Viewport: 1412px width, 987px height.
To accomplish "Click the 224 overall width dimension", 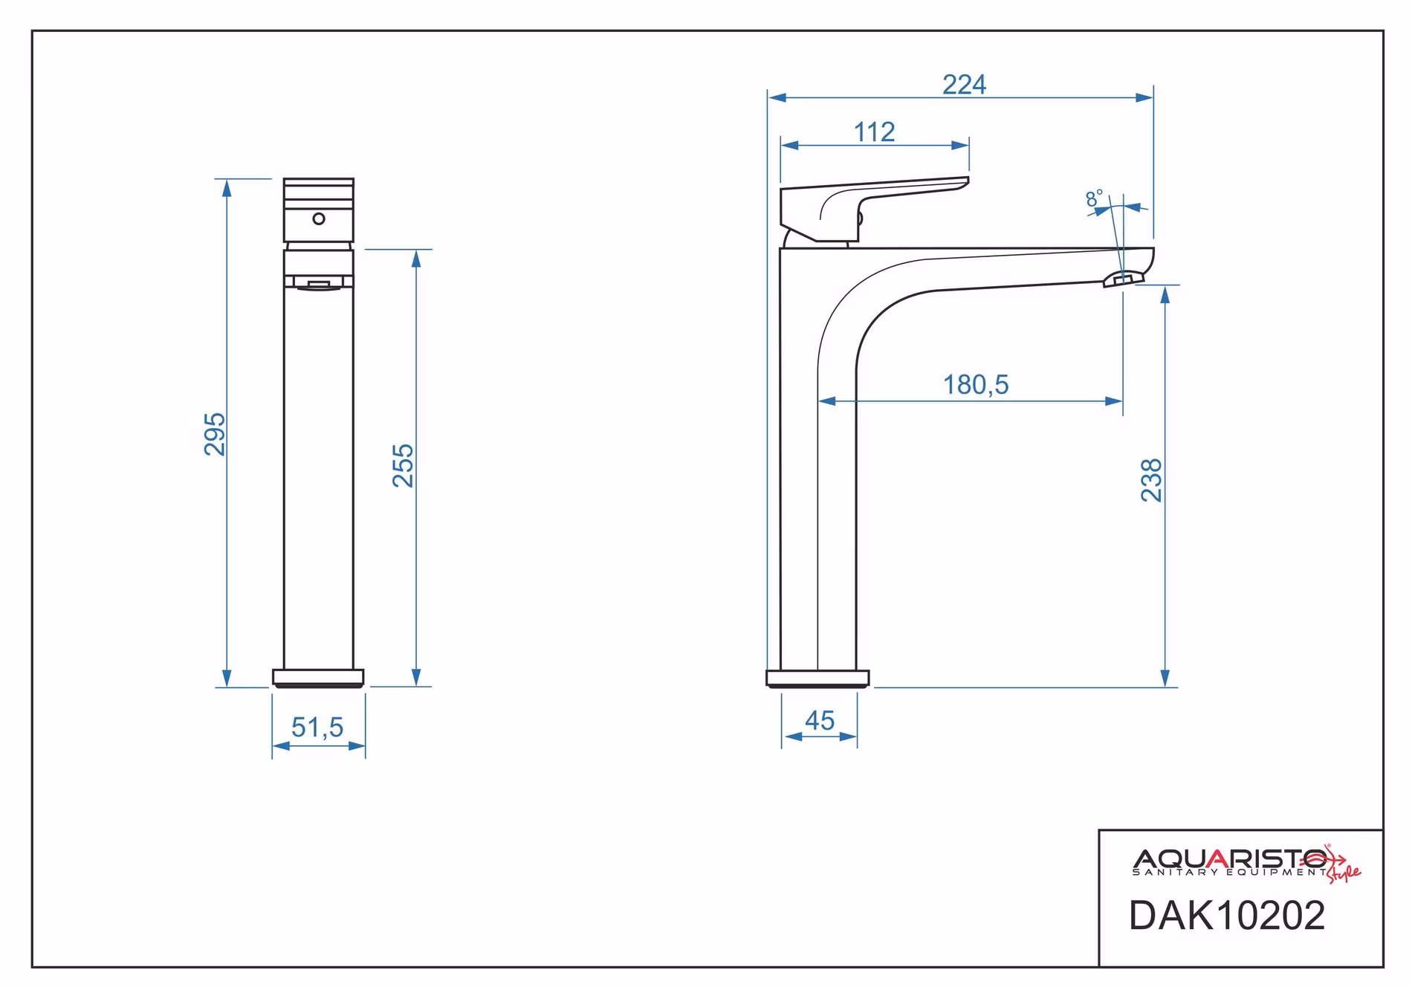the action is [964, 85].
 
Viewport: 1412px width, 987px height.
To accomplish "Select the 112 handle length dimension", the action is [874, 132].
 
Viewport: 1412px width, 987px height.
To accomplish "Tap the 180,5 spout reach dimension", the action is [976, 385].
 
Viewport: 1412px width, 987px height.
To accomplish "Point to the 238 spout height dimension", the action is [1151, 480].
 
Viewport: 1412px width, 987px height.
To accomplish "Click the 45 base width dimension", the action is [820, 720].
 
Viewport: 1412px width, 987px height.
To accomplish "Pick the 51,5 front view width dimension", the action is [317, 727].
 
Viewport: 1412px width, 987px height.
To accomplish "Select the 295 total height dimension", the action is [215, 434].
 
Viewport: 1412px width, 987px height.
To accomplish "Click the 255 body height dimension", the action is [403, 465].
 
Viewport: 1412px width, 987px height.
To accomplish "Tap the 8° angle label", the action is [1094, 198].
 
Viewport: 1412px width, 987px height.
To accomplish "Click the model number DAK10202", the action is [1227, 915].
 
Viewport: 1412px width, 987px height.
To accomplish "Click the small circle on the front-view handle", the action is [319, 219].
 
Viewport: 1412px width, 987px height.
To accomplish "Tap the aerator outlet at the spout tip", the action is [1120, 279].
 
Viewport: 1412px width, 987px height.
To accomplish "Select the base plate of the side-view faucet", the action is [817, 678].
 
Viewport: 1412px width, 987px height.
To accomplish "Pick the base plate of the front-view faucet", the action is [318, 678].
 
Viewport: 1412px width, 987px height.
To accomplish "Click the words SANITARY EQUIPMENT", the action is [1229, 872].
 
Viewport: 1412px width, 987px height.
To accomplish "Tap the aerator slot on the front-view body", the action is [319, 282].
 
